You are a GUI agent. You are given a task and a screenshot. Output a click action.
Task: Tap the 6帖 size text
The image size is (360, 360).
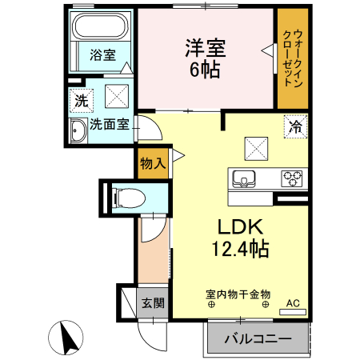[x=206, y=69]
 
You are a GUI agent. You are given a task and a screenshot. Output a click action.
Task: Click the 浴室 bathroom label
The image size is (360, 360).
[x=102, y=55]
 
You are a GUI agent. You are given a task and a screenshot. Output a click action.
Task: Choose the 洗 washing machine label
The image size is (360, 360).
[x=80, y=102]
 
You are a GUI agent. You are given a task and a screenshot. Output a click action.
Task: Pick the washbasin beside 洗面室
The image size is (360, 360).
[x=78, y=130]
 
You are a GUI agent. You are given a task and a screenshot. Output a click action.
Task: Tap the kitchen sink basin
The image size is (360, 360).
[x=245, y=177]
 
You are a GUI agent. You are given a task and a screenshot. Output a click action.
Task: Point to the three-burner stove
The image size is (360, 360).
[x=291, y=177]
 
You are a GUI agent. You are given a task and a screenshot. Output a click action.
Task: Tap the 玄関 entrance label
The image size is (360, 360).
[x=153, y=303]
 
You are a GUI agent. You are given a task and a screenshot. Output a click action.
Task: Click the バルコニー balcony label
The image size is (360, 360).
[x=258, y=339]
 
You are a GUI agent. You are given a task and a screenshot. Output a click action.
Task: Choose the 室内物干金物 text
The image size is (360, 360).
[x=238, y=294]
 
